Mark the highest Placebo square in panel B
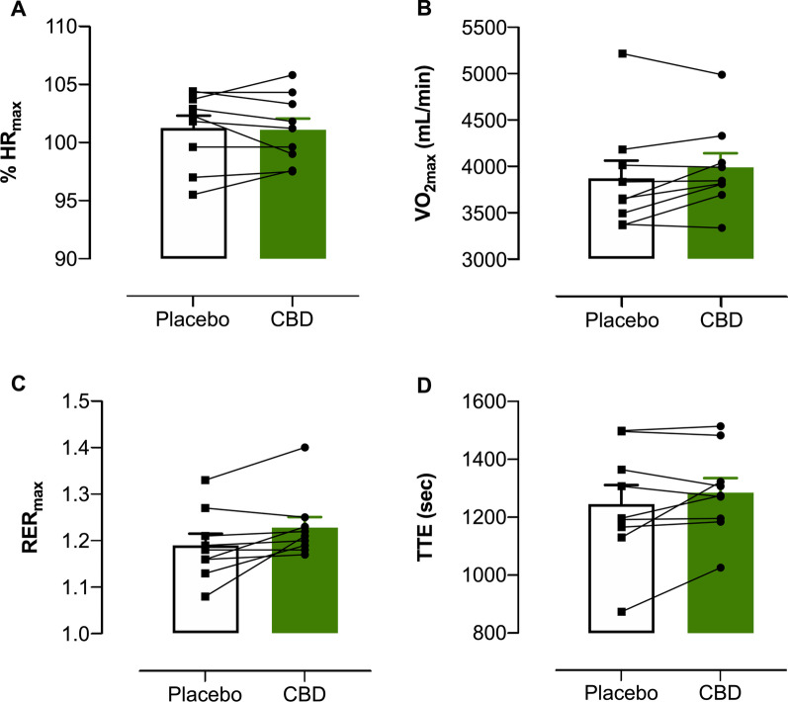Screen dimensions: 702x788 coord(622,53)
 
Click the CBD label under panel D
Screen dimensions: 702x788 coord(719,683)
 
